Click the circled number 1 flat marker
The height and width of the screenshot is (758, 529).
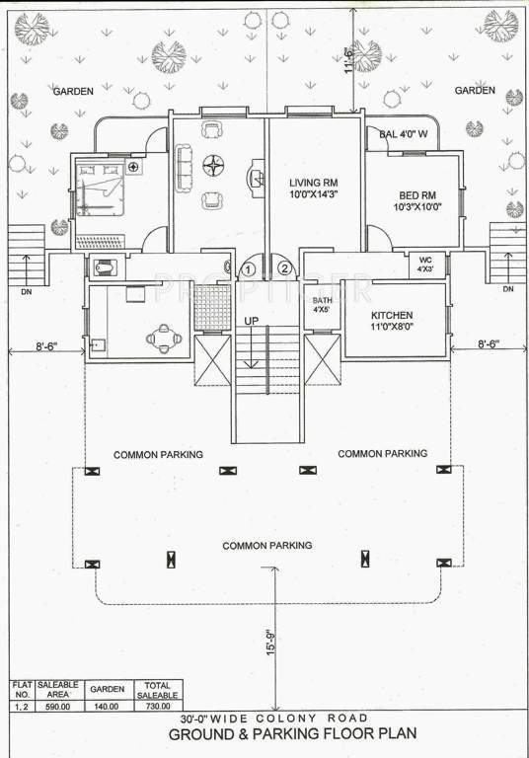249,267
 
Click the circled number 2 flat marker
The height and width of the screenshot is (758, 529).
285,267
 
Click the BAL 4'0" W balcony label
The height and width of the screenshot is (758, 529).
404,133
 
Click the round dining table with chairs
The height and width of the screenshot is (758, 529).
164,340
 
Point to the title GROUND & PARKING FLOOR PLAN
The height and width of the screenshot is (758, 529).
292,735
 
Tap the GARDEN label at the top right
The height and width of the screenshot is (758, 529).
474,91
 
